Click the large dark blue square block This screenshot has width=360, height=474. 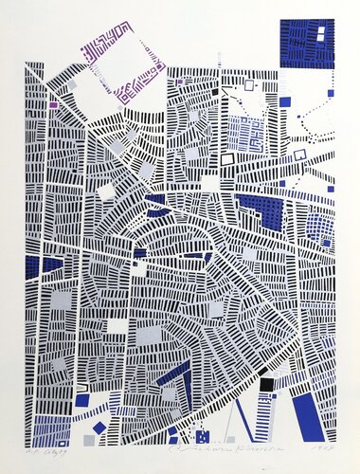[308, 43]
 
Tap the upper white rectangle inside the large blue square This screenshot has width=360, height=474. [319, 32]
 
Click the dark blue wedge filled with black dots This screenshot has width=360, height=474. [261, 210]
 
